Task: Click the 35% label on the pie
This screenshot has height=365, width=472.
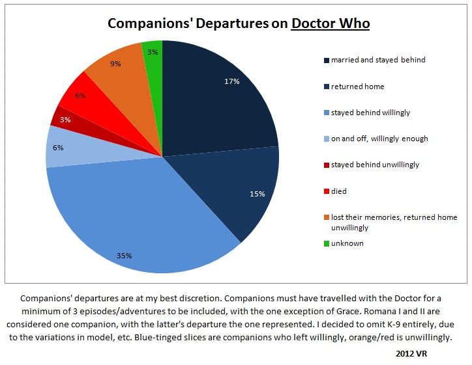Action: (x=125, y=256)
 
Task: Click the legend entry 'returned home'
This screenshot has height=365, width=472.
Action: (x=357, y=86)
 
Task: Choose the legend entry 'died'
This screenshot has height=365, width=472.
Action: (x=339, y=191)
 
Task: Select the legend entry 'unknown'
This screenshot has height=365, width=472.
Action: (x=347, y=243)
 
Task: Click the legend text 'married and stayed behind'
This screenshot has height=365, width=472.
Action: (x=377, y=60)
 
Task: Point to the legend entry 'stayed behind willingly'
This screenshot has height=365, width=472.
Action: (x=370, y=113)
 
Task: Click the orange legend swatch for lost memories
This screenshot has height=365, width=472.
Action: (x=325, y=218)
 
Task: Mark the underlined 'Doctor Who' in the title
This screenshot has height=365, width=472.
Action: (x=331, y=24)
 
